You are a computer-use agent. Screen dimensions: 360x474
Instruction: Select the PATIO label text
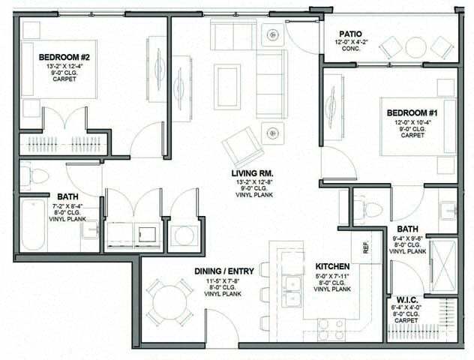tap(351, 34)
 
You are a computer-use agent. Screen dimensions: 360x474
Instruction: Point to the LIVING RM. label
tap(251, 172)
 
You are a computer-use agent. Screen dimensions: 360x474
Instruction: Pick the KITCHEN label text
tap(332, 266)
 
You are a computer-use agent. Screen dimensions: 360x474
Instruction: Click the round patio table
tap(415, 47)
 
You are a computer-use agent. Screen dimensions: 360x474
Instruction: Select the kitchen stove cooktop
tap(331, 327)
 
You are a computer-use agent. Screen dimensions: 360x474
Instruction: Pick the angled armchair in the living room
tap(243, 145)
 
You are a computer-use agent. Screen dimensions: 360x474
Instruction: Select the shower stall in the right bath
tap(442, 257)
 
